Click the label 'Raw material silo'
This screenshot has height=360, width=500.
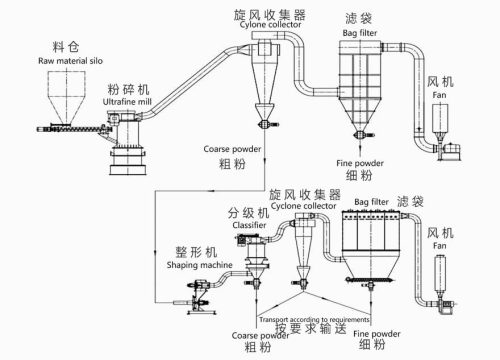pos(70,61)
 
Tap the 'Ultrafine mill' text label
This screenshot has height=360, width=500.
pos(127,102)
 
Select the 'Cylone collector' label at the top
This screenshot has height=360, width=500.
pos(270,25)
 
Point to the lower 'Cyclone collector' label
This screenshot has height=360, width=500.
pos(303,206)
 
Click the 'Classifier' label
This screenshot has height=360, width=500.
pos(249,225)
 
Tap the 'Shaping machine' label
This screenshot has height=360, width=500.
pos(199,265)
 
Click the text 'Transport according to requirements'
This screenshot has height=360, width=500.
pos(314,319)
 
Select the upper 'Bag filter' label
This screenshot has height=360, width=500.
pos(360,33)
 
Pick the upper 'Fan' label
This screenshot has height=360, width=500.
pos(439,95)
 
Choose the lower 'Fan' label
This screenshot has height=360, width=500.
pos(439,246)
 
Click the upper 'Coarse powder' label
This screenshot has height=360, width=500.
pos(232,149)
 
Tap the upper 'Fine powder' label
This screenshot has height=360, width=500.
pos(360,163)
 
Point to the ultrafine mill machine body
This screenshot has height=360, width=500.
pos(127,143)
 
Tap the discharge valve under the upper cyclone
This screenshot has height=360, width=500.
pos(266,124)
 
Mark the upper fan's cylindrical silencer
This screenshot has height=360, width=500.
pos(440,118)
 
